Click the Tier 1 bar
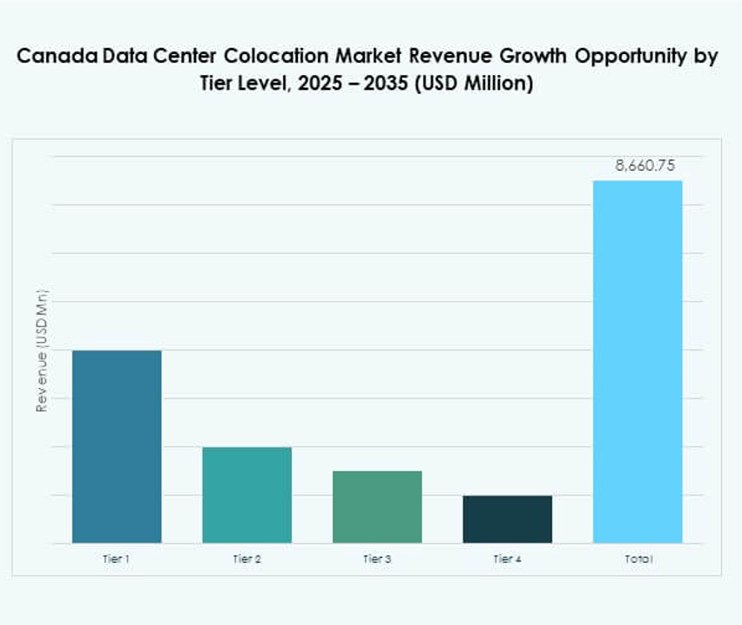point(117,446)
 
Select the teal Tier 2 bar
point(246,494)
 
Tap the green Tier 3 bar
point(377,506)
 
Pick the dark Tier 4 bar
point(507,519)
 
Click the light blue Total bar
point(637,362)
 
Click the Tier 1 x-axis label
point(117,559)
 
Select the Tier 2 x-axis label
point(246,559)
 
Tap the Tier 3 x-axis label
point(377,559)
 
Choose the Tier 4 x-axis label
point(507,559)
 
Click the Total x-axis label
point(637,559)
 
